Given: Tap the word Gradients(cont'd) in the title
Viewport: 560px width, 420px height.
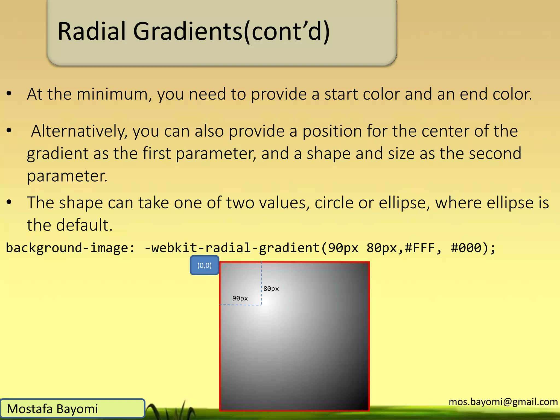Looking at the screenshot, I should (231, 32).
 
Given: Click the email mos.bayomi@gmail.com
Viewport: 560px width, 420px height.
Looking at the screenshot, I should (503, 402).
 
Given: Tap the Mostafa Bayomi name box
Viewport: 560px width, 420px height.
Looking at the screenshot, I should (72, 409).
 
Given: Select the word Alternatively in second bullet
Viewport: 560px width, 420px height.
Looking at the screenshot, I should (79, 131).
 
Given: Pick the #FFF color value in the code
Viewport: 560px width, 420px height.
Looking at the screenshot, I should (420, 248).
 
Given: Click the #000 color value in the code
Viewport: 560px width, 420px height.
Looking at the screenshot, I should (466, 248).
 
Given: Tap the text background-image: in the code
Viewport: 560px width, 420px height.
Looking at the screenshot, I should (70, 248).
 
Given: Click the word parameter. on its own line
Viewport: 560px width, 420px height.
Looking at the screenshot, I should (67, 176).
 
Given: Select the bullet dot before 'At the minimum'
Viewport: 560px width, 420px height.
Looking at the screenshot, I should (9, 94).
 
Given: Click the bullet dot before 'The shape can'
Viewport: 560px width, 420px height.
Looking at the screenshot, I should (9, 203).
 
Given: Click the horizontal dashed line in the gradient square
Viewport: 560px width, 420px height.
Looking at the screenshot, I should (241, 305).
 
